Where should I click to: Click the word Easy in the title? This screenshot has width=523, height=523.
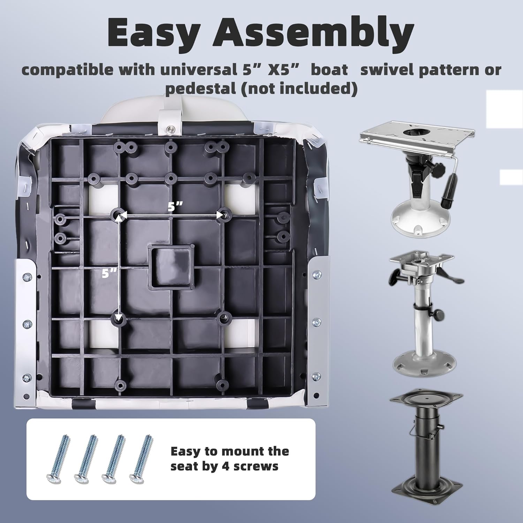153,33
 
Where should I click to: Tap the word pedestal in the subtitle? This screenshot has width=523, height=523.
200,89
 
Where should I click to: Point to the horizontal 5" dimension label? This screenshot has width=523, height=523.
175,206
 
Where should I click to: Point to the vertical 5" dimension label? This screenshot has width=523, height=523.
109,273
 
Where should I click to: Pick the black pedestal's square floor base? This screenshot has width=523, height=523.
427,491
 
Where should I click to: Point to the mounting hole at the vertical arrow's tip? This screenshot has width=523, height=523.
119,318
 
